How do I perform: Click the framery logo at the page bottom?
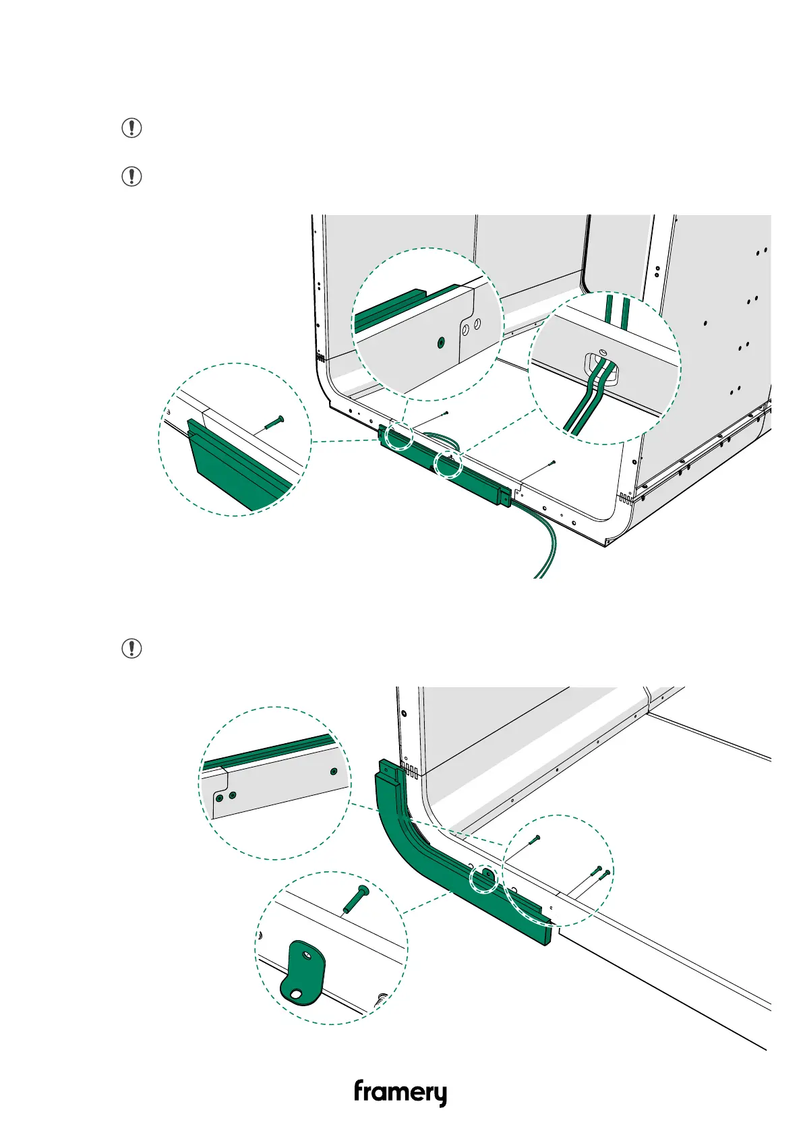(x=400, y=1092)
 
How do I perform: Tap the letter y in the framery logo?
(x=438, y=1095)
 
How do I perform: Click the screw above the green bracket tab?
(x=355, y=900)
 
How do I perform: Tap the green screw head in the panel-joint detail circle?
(x=440, y=343)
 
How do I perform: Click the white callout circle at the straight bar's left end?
(x=398, y=436)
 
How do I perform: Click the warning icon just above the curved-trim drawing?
(x=131, y=649)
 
